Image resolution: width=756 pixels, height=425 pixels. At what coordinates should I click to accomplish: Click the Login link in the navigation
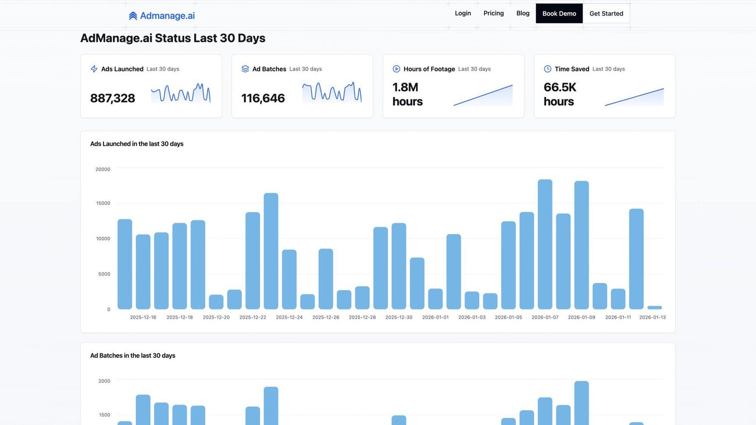tap(463, 13)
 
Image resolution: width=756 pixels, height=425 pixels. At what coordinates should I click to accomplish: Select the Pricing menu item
tap(494, 13)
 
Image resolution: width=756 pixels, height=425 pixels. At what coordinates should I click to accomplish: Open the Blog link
tap(523, 13)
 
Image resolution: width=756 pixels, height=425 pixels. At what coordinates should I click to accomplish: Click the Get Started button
tap(606, 13)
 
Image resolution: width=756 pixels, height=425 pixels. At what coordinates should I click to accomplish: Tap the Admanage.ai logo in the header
tap(162, 15)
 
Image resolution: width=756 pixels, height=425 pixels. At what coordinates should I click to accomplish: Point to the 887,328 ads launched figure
tap(112, 98)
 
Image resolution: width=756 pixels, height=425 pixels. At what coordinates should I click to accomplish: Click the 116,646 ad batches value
tap(263, 98)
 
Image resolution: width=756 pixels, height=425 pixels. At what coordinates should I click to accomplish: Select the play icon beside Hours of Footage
tap(396, 69)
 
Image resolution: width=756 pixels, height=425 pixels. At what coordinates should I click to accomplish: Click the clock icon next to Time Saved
tap(547, 69)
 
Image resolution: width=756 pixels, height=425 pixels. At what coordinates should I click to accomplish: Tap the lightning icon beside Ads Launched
tap(94, 69)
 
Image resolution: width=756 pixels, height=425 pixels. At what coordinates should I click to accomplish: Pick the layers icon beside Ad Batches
tap(245, 69)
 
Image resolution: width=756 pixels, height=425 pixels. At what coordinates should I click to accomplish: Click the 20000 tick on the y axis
tap(103, 169)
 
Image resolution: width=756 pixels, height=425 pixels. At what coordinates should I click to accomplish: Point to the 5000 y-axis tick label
tap(105, 274)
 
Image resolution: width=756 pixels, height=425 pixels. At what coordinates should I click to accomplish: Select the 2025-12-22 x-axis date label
tap(252, 318)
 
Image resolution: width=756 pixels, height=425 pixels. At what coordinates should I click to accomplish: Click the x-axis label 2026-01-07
tap(545, 318)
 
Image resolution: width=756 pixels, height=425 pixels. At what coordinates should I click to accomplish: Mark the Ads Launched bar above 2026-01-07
tap(545, 244)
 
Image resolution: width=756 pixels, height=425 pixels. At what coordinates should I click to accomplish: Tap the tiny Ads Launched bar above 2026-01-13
tap(655, 308)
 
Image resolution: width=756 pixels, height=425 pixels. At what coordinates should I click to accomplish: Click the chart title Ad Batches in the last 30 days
tap(133, 356)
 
